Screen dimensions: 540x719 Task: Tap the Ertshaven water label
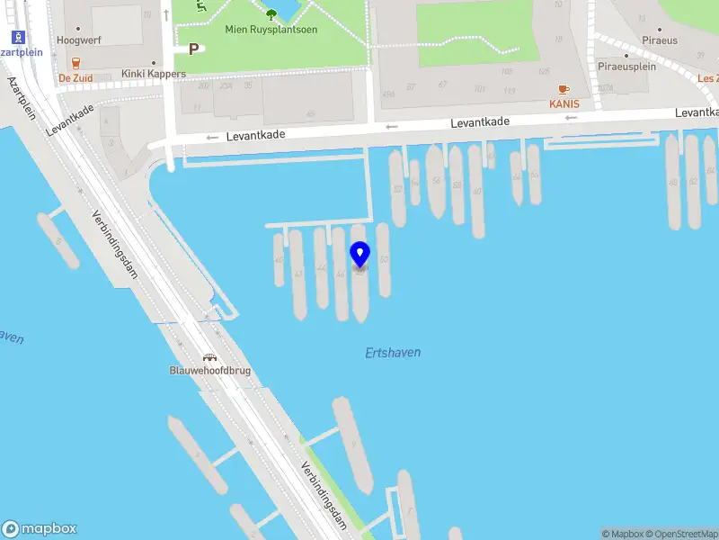393,353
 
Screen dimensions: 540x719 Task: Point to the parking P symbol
193,49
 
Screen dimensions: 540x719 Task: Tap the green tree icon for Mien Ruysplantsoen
271,13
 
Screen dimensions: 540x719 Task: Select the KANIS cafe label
564,103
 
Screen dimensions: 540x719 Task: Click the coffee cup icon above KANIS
564,89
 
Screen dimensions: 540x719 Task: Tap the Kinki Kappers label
154,74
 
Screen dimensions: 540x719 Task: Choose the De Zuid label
75,77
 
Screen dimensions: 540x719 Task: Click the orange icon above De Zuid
75,63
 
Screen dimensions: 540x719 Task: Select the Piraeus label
660,40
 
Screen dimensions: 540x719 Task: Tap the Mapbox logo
40,529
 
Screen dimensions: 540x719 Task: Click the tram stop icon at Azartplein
16,37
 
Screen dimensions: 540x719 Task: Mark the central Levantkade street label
480,122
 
